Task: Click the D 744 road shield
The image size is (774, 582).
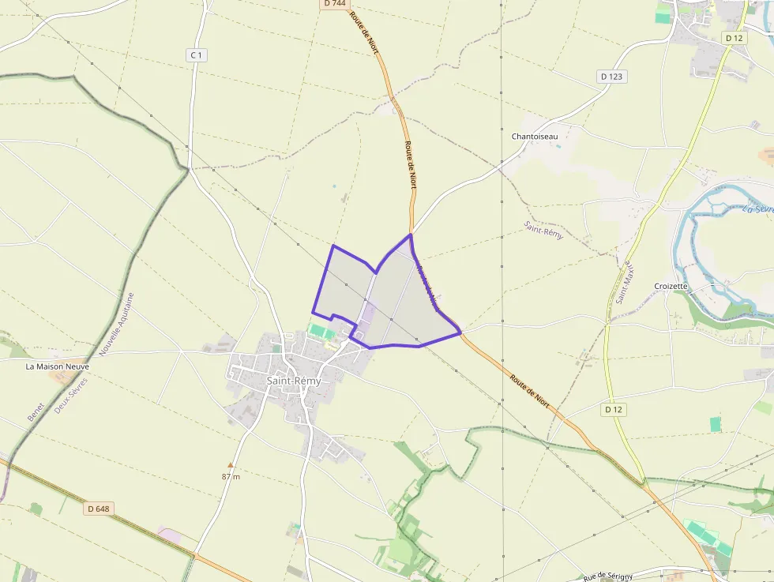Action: click(334, 4)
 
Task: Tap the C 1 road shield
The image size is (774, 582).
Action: click(196, 54)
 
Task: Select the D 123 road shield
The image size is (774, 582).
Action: click(611, 77)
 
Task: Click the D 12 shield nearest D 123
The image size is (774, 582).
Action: click(733, 38)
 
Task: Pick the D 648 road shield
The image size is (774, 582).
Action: click(98, 509)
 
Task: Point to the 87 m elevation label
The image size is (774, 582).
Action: click(231, 476)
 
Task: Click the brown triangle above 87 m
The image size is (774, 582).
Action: click(231, 465)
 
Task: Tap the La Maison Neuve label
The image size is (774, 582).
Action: click(58, 366)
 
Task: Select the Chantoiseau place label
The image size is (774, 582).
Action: click(535, 137)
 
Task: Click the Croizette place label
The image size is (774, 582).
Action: click(671, 286)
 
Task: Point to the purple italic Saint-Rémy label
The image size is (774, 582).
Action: click(543, 230)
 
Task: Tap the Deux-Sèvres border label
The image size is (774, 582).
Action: click(72, 395)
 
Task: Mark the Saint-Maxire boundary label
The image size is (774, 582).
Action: click(622, 283)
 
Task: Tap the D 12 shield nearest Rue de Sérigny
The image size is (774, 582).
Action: click(614, 409)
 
